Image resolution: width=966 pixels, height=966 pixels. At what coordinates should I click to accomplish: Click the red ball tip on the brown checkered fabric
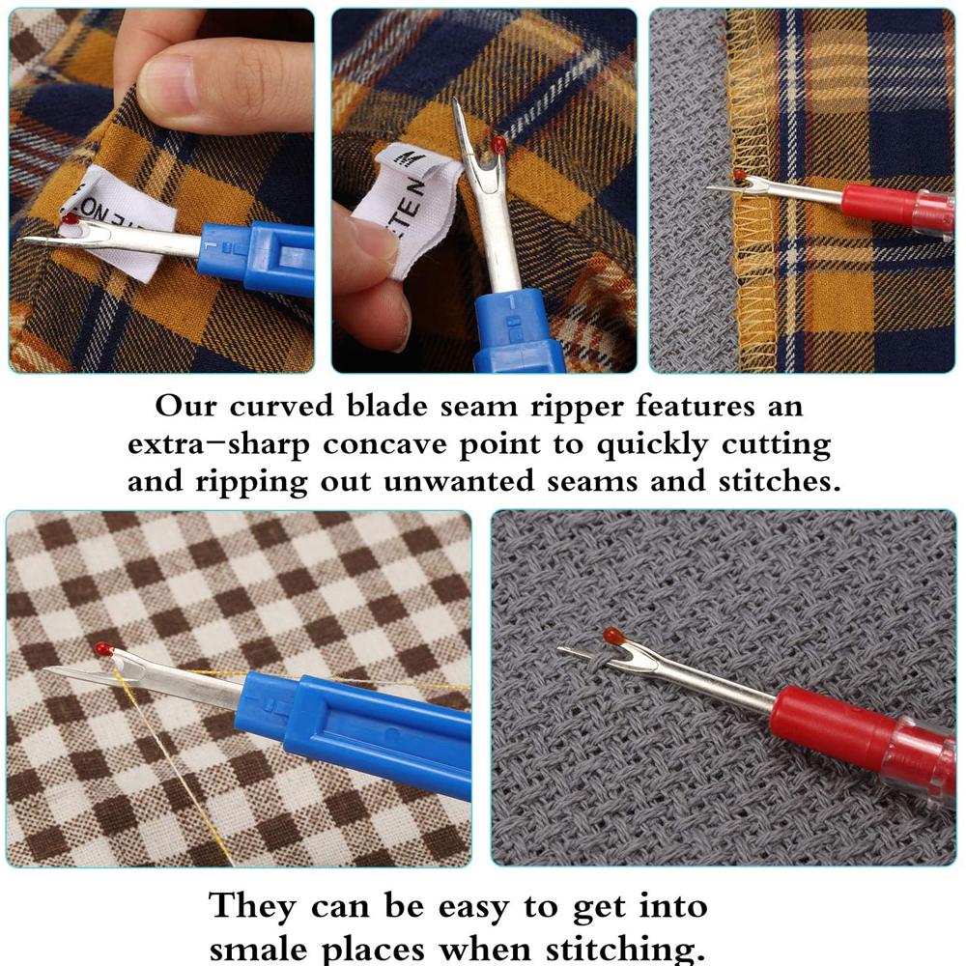coord(104,649)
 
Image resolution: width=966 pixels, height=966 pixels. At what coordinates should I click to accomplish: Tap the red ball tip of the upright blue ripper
coord(499,145)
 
